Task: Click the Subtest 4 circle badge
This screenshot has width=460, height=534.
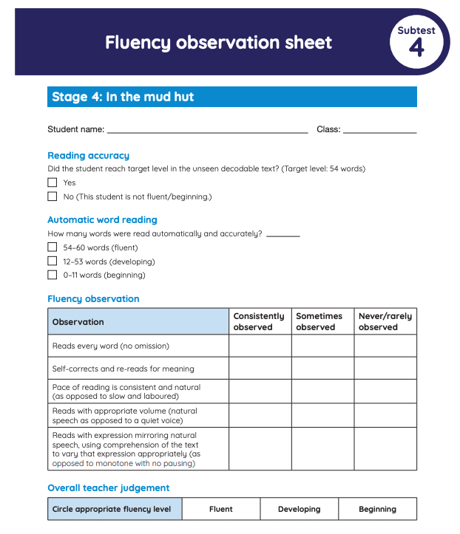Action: [416, 41]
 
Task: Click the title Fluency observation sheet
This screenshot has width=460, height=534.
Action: [218, 42]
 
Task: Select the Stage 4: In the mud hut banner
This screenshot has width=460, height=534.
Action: [231, 97]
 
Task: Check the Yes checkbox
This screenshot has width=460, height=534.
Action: [53, 182]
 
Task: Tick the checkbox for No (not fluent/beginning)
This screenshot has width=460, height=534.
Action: [53, 196]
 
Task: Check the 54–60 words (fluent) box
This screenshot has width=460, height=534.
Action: [53, 247]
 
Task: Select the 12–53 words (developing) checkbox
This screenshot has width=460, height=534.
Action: [53, 261]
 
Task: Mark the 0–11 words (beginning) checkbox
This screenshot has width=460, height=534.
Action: [53, 275]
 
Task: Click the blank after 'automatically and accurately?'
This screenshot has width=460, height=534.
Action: [283, 234]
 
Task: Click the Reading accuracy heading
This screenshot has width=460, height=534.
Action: [88, 156]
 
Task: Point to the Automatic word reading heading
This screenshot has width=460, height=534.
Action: [102, 220]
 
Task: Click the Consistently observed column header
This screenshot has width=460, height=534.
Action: [260, 321]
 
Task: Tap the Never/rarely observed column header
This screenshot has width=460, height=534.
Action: [385, 321]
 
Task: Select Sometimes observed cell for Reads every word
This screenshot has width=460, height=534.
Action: [322, 346]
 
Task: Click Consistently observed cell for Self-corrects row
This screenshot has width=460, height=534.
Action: [260, 369]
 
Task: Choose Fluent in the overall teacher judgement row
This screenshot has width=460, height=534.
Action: [220, 509]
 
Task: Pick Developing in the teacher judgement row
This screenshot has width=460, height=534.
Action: [299, 509]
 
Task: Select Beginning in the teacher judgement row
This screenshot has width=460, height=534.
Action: [377, 509]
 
